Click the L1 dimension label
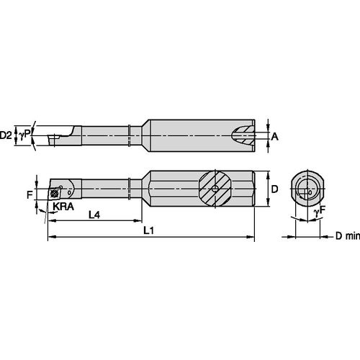point(149,230)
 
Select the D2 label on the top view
point(7,134)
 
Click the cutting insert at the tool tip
point(55,192)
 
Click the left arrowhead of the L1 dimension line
point(50,236)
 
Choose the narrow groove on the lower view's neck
point(128,189)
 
